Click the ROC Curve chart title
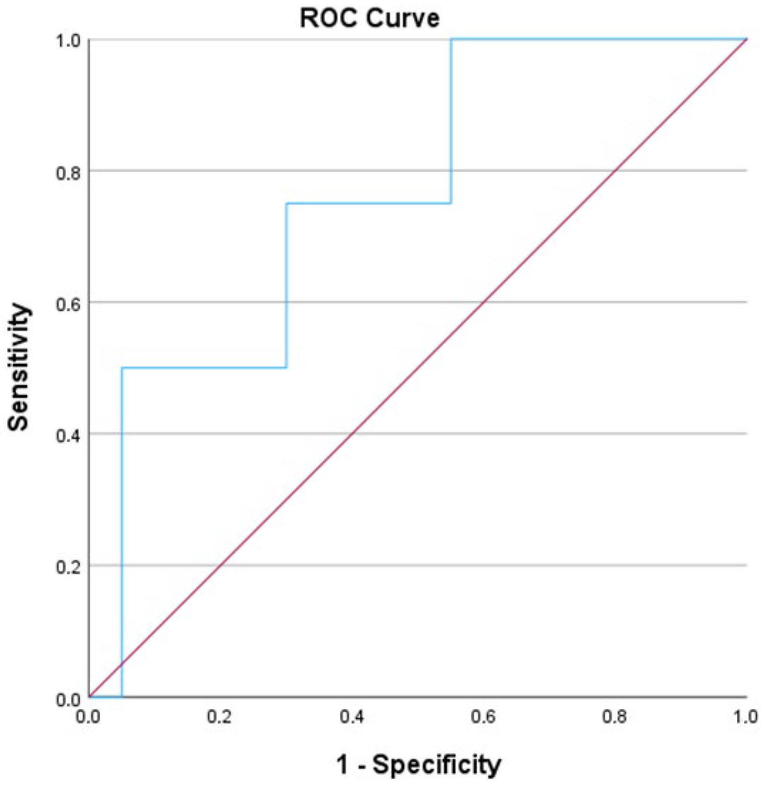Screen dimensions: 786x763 tap(369, 18)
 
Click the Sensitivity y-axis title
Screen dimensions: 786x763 tap(19, 367)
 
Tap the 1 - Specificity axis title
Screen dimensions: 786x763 tap(418, 764)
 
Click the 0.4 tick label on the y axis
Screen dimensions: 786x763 tap(68, 435)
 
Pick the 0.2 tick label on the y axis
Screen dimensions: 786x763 tap(68, 567)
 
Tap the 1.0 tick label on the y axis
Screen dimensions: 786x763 tap(68, 41)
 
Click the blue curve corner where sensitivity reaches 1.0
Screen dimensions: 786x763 tap(451, 39)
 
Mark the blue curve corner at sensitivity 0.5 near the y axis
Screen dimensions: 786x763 tap(122, 368)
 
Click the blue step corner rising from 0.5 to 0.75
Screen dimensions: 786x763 tap(286, 368)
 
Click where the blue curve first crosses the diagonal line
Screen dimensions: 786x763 tap(122, 664)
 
